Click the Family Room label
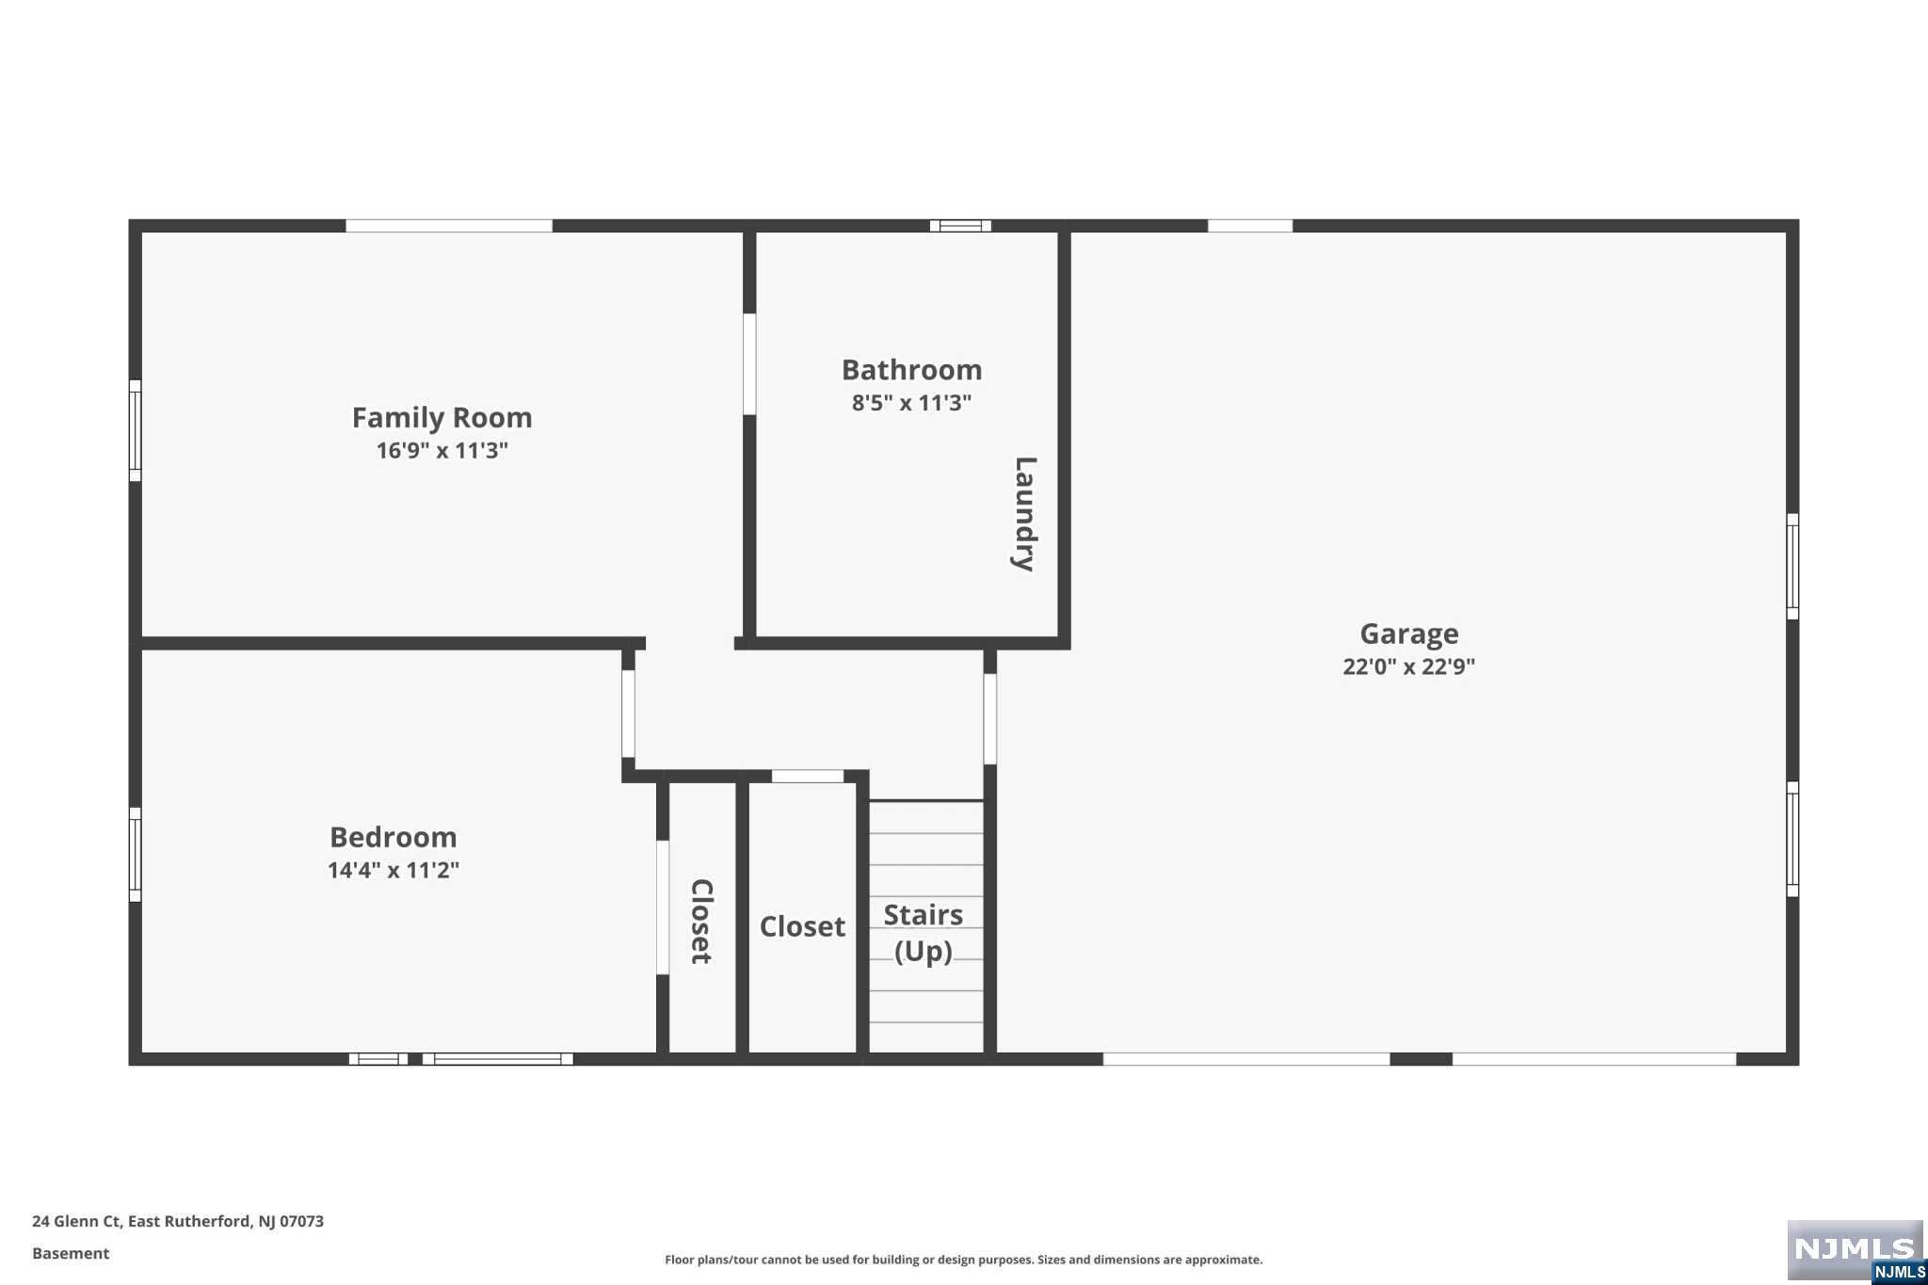tap(442, 417)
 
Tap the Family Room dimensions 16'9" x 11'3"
tap(442, 450)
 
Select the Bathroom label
tap(911, 370)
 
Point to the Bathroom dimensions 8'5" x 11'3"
tap(911, 403)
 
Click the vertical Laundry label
tap(1024, 514)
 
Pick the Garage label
tap(1408, 634)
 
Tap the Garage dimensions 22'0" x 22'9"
tap(1408, 667)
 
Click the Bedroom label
tap(393, 837)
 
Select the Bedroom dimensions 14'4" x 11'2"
tap(393, 870)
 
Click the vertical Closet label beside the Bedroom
tap(701, 922)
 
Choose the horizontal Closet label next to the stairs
tap(802, 926)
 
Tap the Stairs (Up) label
tap(924, 933)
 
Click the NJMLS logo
tap(1856, 1251)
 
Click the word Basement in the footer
tap(71, 1253)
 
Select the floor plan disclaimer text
tap(963, 1260)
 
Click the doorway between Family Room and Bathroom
tap(749, 364)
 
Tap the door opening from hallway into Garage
tap(989, 719)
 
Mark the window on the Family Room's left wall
tap(135, 430)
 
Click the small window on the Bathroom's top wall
tap(960, 226)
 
